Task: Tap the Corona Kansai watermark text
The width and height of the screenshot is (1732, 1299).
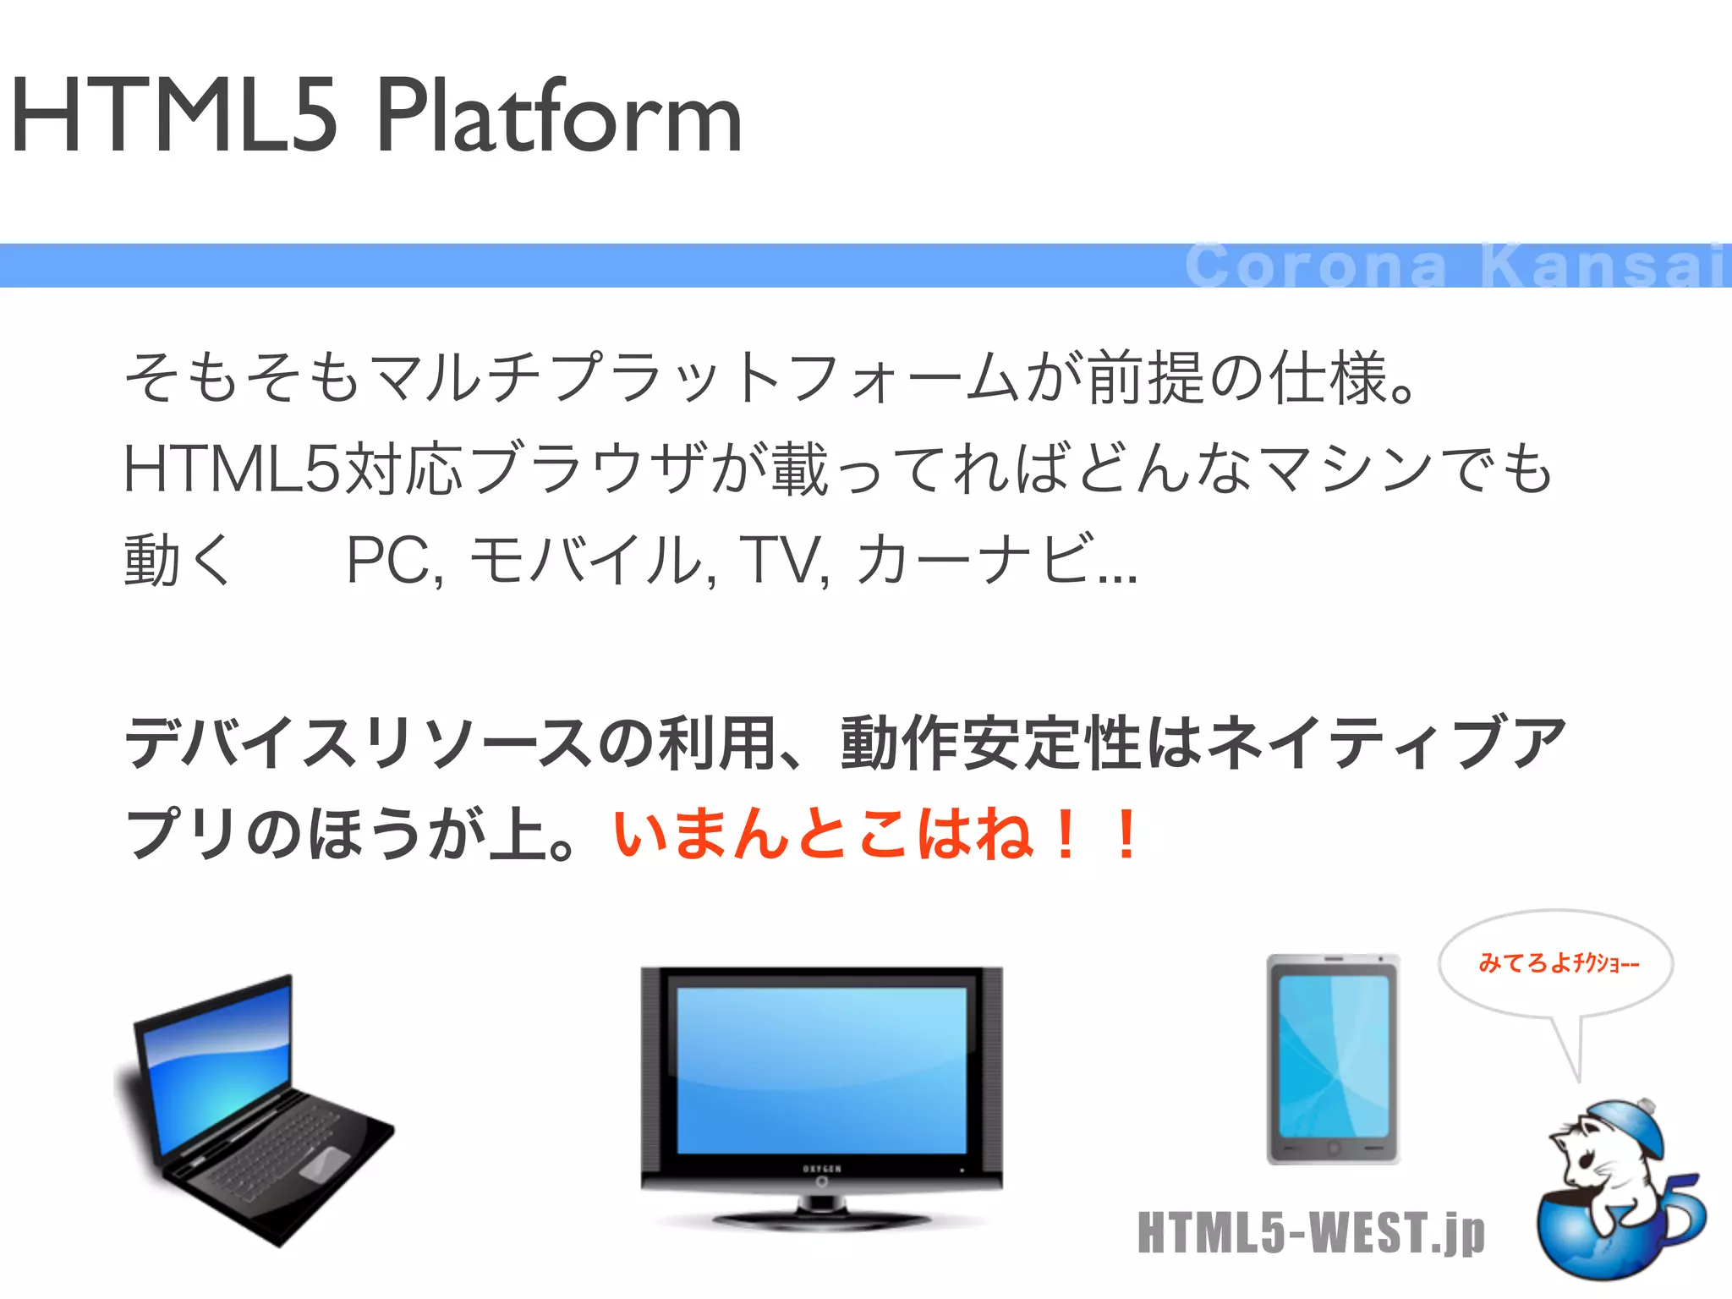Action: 1455,266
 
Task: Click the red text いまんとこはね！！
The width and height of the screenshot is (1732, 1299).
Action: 875,835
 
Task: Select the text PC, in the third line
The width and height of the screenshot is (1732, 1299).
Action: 394,560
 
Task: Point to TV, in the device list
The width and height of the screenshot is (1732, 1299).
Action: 783,560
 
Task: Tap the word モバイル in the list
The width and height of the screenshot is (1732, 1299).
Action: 584,560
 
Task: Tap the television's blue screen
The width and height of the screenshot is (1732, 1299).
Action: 820,1070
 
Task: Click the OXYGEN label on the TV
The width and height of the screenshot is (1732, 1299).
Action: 821,1169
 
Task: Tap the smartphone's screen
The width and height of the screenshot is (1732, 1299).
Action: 1333,1057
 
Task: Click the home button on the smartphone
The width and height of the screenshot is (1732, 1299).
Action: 1334,1148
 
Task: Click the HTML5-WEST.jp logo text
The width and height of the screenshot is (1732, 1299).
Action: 1311,1233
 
